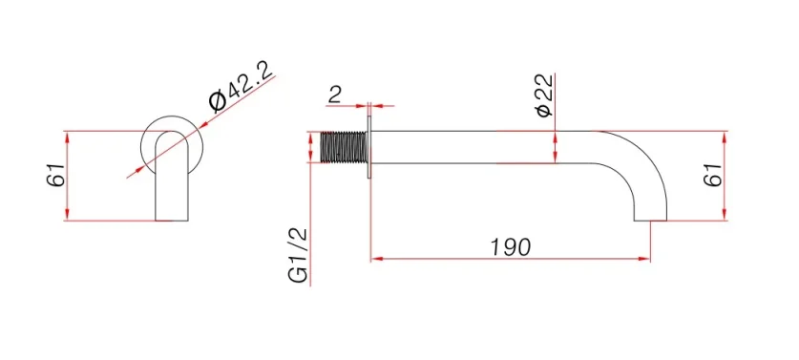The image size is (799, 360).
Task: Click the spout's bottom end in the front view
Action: click(x=173, y=218)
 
